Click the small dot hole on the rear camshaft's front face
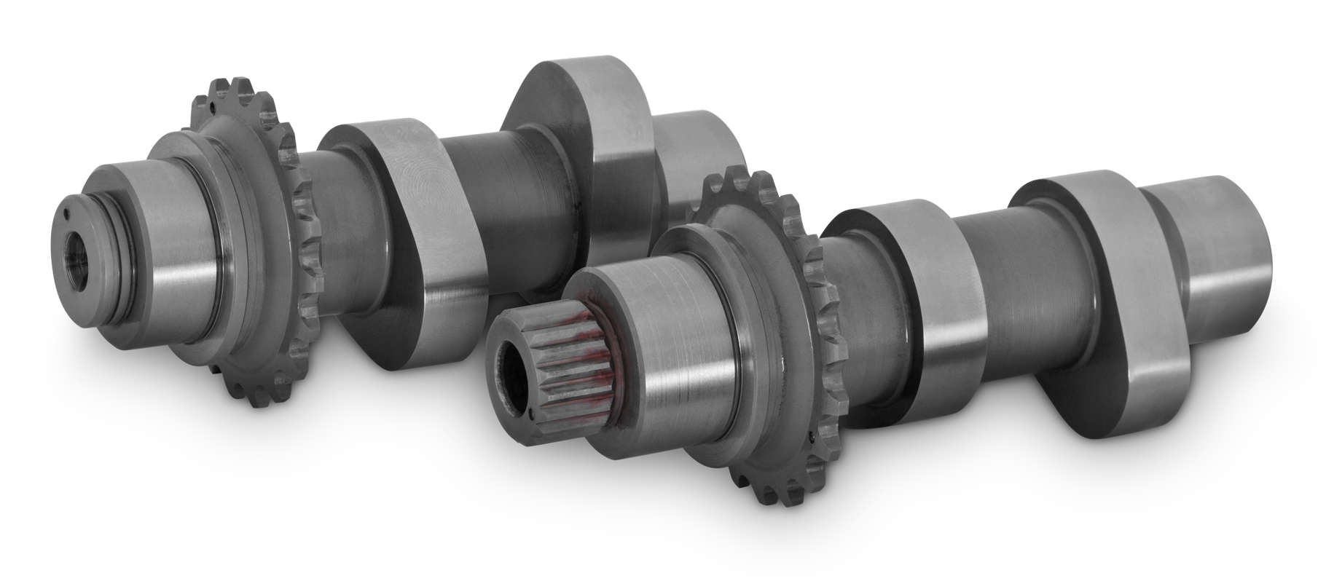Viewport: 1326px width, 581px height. point(66,213)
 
